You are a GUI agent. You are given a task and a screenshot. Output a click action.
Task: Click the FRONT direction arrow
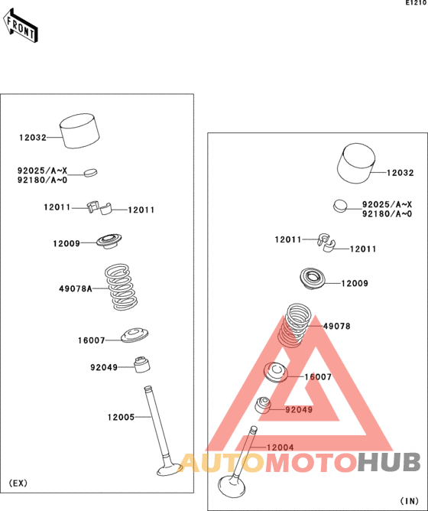[x=21, y=25]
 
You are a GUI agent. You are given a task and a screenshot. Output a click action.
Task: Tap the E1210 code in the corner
[x=416, y=3]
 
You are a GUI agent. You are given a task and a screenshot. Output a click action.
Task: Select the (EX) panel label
[x=18, y=483]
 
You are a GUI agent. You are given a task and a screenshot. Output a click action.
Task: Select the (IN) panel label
[x=409, y=500]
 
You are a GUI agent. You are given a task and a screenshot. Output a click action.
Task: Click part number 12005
[x=122, y=417]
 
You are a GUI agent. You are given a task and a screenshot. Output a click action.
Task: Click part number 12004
[x=280, y=448]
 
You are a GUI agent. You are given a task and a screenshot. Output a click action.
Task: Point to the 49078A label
[x=76, y=288]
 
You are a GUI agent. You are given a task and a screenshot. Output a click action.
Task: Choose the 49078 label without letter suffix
[x=336, y=326]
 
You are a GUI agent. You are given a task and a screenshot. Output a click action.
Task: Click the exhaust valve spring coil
[x=121, y=287]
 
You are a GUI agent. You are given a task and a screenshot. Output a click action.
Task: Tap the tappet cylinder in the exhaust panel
[x=79, y=131]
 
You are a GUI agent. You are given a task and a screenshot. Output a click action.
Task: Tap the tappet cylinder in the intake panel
[x=355, y=163]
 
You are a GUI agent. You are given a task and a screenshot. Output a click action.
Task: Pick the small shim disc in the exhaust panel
[x=90, y=172]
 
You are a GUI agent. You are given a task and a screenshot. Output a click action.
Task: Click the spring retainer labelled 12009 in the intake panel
[x=313, y=278]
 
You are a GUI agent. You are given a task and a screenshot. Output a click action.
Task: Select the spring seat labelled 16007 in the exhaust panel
[x=135, y=335]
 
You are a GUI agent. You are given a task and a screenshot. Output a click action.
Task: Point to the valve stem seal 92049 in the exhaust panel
[x=142, y=365]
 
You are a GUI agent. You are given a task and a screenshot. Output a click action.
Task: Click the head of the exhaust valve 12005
[x=170, y=469]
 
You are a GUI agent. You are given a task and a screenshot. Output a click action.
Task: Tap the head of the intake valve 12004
[x=232, y=487]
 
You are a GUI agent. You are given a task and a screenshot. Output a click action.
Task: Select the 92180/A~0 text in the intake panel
[x=387, y=213]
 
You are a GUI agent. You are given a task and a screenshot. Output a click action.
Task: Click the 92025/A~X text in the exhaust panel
[x=42, y=171]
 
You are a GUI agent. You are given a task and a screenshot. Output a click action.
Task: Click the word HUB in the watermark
[x=388, y=462]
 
